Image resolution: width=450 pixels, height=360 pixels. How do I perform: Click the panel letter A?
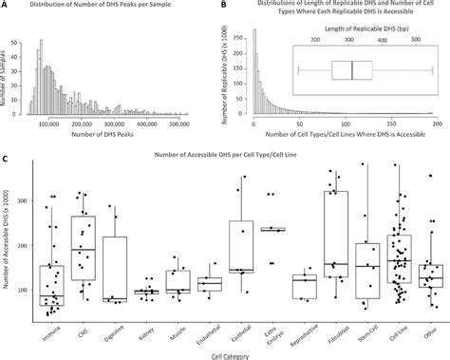click(6, 6)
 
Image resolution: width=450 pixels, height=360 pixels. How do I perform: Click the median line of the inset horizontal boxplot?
click(352, 71)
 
